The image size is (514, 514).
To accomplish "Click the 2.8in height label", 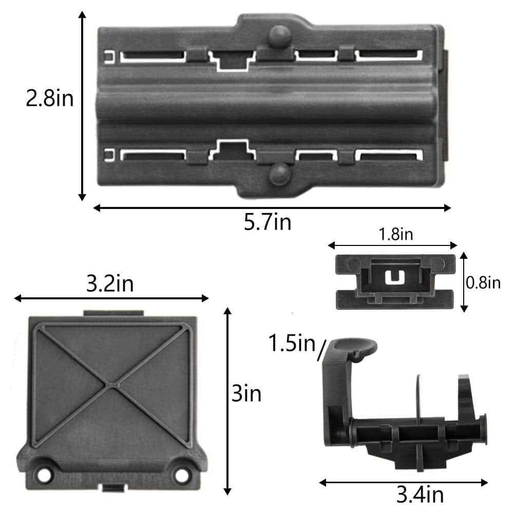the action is pos(50,98).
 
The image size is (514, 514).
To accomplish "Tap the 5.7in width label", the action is pos(268,222).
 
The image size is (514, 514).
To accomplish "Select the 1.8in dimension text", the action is pos(396,234).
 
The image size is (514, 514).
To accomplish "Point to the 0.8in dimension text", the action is pos(483,282).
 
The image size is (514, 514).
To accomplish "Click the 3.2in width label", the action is pos(110,283).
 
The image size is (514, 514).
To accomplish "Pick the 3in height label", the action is pos(246,393).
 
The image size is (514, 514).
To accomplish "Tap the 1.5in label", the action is pos(292,343).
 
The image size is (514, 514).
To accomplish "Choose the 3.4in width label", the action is pos(420,494).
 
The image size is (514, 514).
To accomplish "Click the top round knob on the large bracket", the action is pos(280,36).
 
